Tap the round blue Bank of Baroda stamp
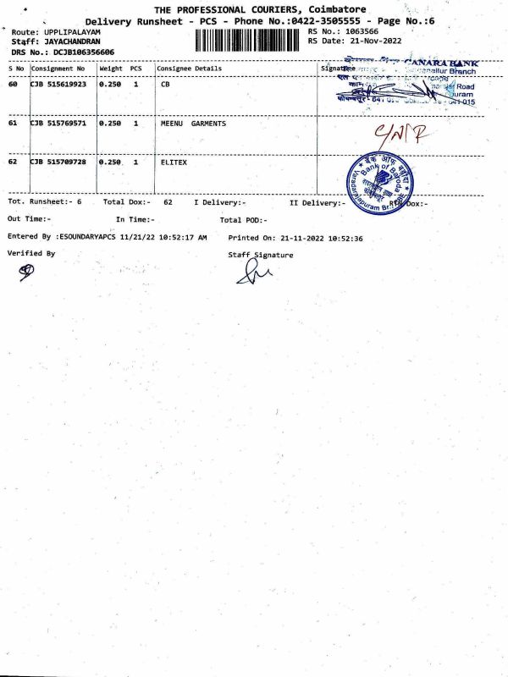coord(383,181)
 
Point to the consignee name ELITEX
coord(174,162)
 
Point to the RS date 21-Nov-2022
coord(376,41)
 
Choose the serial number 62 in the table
coord(13,162)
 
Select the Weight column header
coord(111,68)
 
